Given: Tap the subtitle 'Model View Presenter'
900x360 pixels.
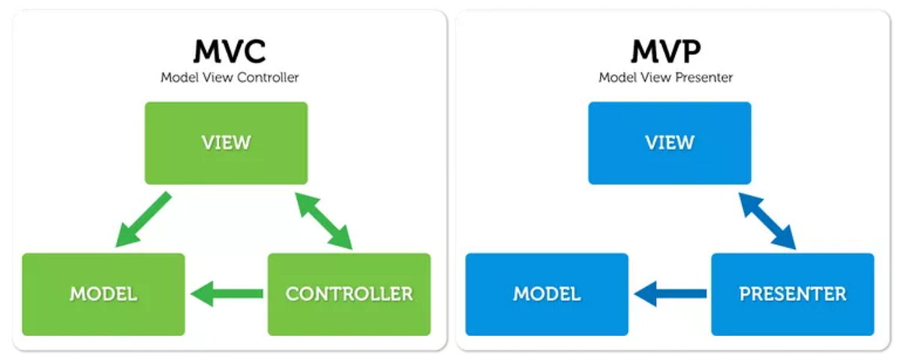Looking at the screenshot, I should tap(666, 77).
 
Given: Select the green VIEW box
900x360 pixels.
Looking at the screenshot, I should tap(226, 142).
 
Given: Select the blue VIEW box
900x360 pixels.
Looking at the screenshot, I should tap(669, 142).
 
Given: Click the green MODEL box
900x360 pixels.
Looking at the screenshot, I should tap(103, 294).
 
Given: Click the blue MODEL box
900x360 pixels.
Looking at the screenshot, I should tap(547, 294).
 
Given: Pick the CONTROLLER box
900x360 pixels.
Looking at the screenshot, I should tap(349, 294).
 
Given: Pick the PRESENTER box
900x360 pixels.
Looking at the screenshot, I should tap(792, 294).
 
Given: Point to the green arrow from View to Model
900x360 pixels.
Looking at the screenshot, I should tap(143, 220).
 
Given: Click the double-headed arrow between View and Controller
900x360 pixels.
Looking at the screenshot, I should tap(325, 220).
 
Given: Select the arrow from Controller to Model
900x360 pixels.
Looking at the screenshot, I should tap(226, 294).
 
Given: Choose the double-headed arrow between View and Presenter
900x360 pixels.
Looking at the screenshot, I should tap(768, 220).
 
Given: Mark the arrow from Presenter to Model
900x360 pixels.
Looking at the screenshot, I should tap(670, 294).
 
